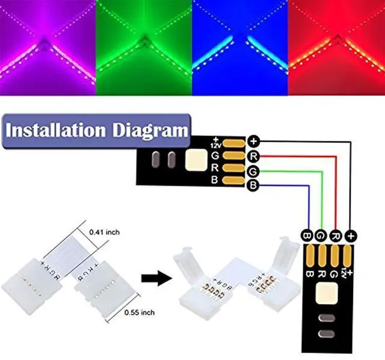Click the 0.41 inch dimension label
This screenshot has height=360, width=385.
coord(103,231)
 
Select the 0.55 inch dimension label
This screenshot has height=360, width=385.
coord(140,312)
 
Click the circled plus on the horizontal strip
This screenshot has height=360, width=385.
coord(254,142)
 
